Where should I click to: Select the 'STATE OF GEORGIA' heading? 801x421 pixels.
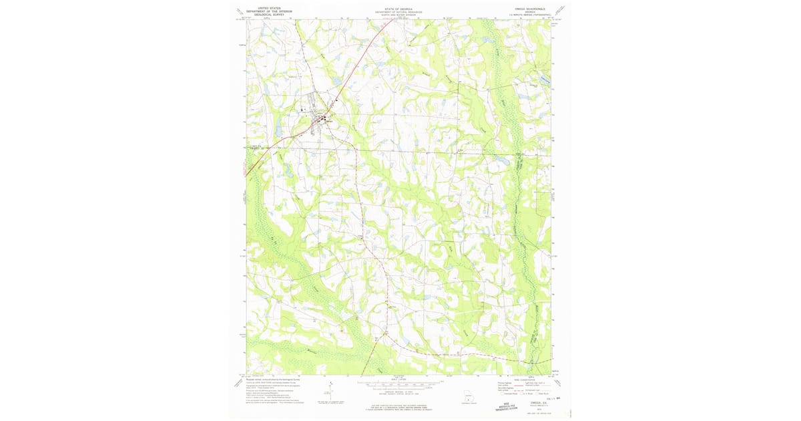pyautogui.click(x=398, y=9)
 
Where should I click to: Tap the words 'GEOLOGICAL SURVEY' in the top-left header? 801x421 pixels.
pyautogui.click(x=269, y=14)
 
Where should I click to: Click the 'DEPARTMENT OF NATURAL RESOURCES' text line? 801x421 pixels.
pyautogui.click(x=398, y=12)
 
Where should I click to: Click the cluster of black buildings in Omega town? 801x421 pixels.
pyautogui.click(x=323, y=119)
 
